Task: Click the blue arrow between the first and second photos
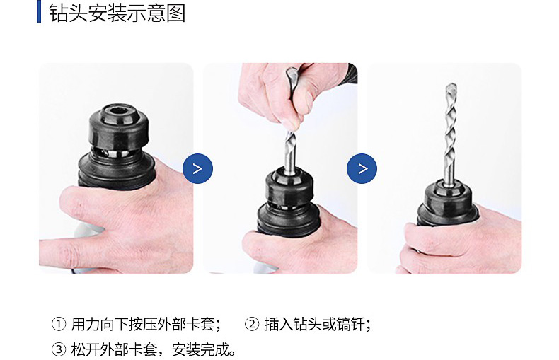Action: point(197,168)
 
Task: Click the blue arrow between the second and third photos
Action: point(362,168)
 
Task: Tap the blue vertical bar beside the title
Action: point(39,11)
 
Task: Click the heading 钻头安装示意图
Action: point(117,13)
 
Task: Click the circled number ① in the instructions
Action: point(59,325)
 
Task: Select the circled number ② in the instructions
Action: point(252,325)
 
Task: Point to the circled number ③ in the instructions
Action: point(59,349)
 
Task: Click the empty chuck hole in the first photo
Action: point(119,110)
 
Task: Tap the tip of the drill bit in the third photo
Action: point(451,84)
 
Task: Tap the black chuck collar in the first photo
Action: point(119,127)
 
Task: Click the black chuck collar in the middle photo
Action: point(289,187)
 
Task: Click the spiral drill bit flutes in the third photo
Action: point(450,132)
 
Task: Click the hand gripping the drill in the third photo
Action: point(460,243)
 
